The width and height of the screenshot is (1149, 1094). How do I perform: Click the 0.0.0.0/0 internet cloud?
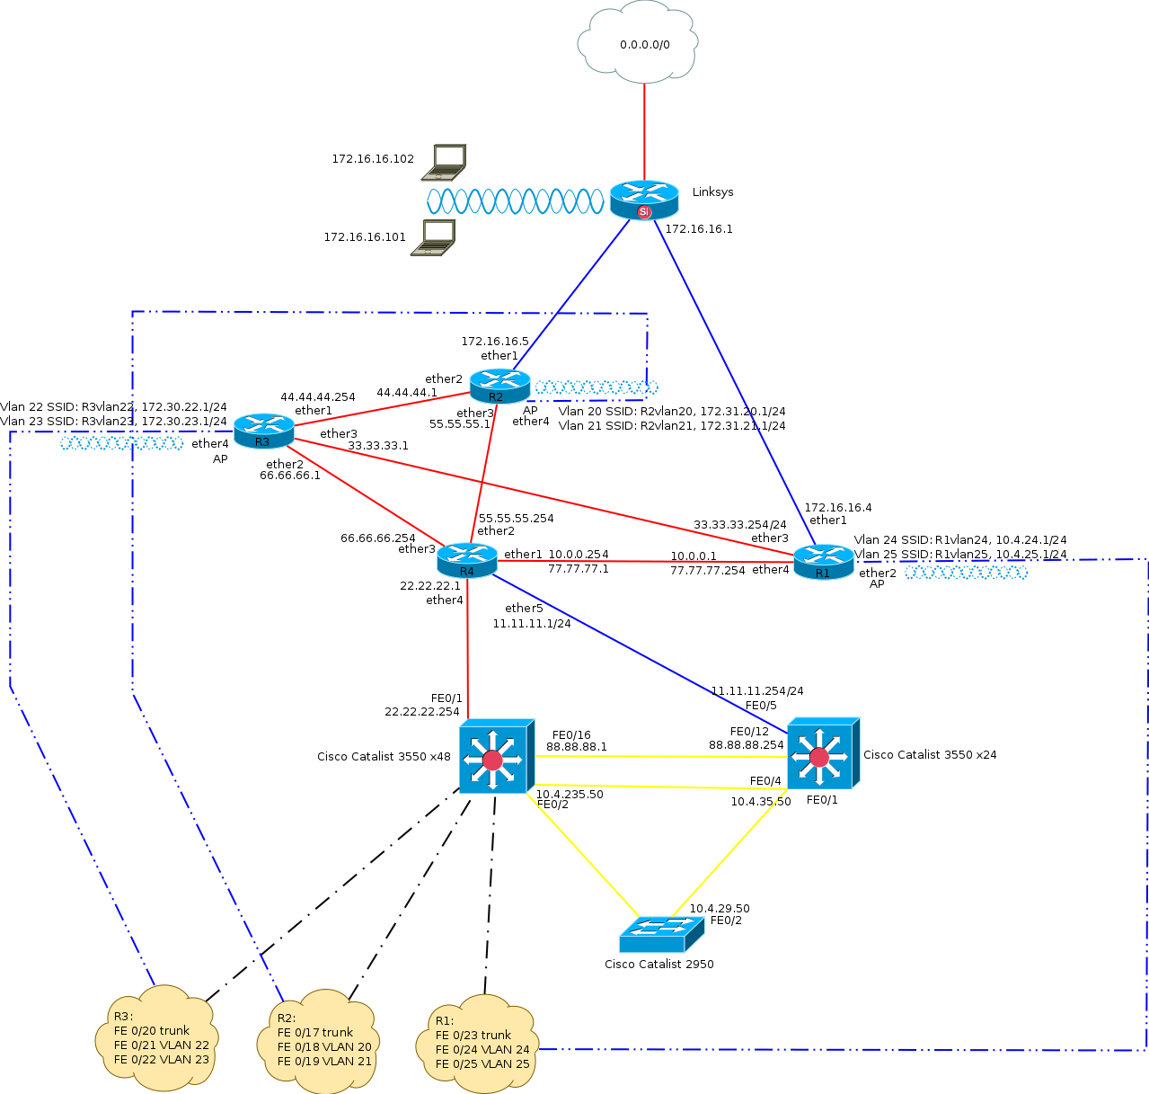coord(638,43)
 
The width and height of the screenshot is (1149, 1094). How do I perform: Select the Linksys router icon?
coord(644,200)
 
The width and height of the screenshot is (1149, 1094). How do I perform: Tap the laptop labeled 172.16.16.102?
coord(446,162)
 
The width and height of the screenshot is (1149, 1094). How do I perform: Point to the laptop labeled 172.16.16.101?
coord(434,237)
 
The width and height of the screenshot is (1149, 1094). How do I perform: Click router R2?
coord(499,387)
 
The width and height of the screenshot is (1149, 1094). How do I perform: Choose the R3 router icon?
coord(263,431)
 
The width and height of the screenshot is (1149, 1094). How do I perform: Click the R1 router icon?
coord(823,563)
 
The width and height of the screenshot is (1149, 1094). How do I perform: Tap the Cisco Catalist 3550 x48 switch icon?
coord(495,757)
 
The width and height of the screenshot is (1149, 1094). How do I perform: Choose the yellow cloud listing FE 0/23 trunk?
coord(480,1045)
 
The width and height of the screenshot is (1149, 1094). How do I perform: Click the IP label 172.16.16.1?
coord(698,229)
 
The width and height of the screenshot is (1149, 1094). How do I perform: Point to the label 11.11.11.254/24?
coord(757,691)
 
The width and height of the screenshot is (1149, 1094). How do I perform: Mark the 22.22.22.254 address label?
coord(422,711)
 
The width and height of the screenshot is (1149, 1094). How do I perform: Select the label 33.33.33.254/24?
coord(739,524)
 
